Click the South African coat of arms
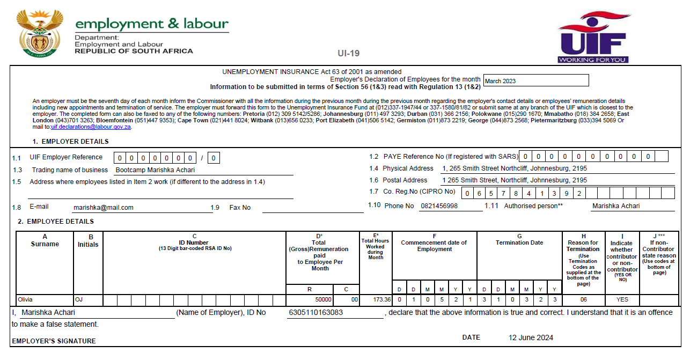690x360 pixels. [36, 33]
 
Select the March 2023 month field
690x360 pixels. [535, 80]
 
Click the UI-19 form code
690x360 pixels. [348, 53]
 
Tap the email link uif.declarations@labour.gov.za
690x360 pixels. [91, 127]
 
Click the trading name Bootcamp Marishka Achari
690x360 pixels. [155, 170]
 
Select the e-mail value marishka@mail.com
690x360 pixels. [104, 207]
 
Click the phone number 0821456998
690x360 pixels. [438, 206]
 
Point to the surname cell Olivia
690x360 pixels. [26, 299]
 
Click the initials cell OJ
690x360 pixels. [79, 299]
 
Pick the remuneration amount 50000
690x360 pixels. [323, 299]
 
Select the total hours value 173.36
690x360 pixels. [382, 299]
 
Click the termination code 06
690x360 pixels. [583, 299]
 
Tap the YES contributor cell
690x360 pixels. [622, 299]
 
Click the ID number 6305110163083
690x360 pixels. [315, 312]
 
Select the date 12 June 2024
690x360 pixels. [531, 337]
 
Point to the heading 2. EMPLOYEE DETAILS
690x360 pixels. [55, 221]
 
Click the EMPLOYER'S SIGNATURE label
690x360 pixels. [54, 341]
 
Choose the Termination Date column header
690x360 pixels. [519, 243]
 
